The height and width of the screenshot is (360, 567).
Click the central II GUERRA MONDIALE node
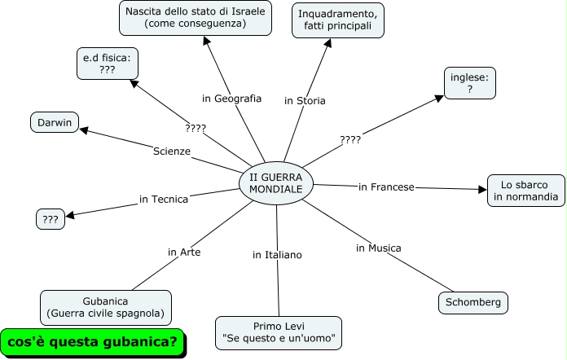pyautogui.click(x=276, y=182)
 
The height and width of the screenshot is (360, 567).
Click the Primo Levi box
pyautogui.click(x=278, y=331)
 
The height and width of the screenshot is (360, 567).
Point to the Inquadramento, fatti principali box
pyautogui.click(x=337, y=20)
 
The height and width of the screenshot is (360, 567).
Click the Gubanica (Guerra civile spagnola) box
pyautogui.click(x=106, y=307)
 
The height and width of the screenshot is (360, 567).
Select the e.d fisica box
pyautogui.click(x=107, y=64)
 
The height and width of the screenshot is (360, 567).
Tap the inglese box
pyautogui.click(x=470, y=84)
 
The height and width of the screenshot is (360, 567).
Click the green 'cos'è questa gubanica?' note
pyautogui.click(x=92, y=340)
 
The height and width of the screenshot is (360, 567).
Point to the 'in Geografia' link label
pyautogui.click(x=231, y=99)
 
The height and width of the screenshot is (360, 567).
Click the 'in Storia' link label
pyautogui.click(x=305, y=101)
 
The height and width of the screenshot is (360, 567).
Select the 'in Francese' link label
pyautogui.click(x=386, y=187)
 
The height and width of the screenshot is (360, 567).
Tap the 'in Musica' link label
pyautogui.click(x=378, y=248)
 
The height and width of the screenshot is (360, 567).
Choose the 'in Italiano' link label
pyautogui.click(x=277, y=255)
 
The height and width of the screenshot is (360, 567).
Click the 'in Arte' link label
pyautogui.click(x=184, y=252)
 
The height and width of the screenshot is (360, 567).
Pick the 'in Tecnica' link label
pyautogui.click(x=164, y=199)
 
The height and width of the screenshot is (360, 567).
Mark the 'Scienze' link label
pyautogui.click(x=171, y=151)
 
